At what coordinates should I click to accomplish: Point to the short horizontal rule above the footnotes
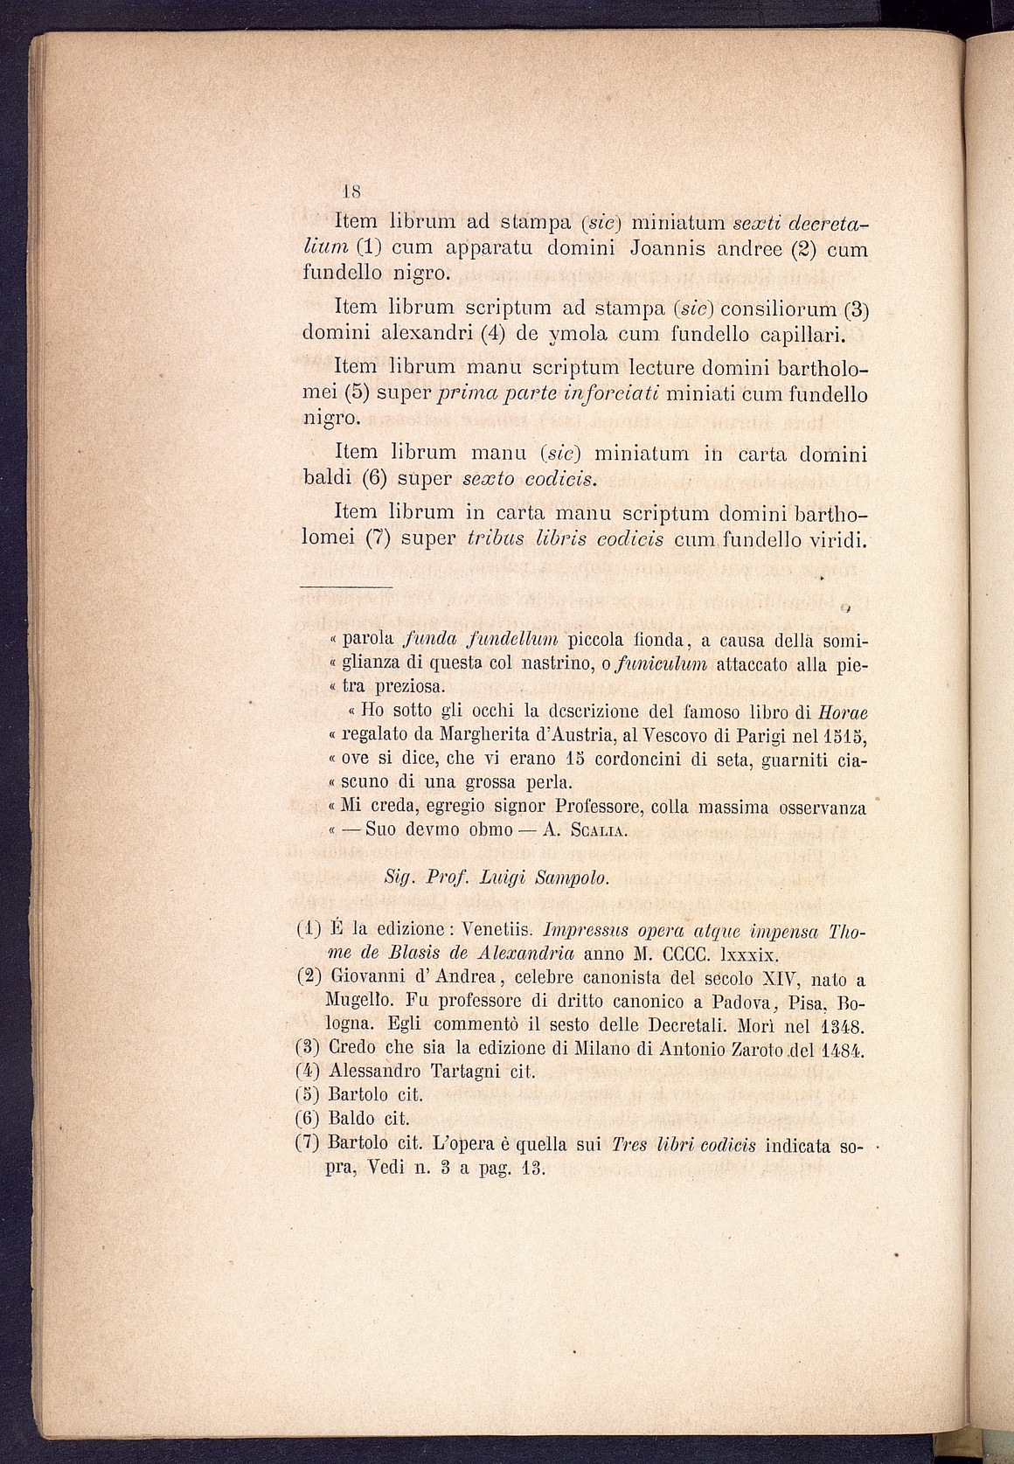click(345, 585)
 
